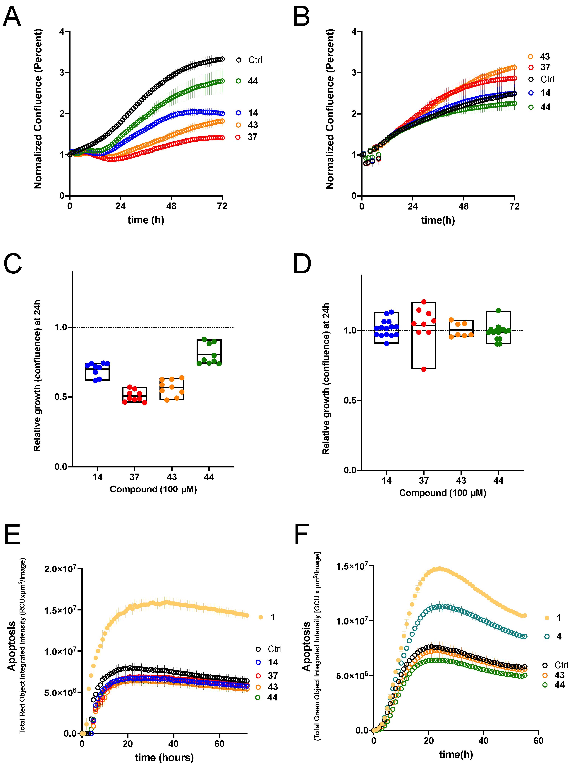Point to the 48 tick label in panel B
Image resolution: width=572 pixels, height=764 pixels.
pos(463,207)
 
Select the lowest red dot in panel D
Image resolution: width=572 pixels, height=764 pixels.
pos(424,369)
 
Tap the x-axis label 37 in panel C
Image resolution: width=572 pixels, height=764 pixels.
pos(135,477)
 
